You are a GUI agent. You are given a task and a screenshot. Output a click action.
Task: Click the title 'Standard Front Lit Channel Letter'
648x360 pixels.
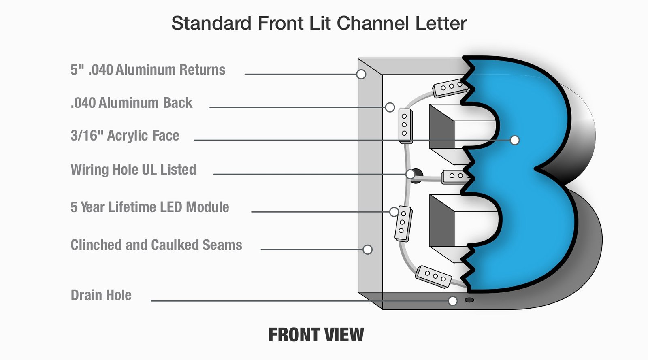[x=319, y=23]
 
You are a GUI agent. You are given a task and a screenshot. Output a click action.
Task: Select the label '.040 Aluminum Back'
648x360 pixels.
[x=131, y=103]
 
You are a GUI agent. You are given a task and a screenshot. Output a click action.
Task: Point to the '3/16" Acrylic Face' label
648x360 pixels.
[x=125, y=136]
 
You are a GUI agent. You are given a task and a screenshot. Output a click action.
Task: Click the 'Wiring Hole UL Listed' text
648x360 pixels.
[x=133, y=170]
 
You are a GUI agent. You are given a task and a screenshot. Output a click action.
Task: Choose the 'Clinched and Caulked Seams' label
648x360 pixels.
[x=156, y=245]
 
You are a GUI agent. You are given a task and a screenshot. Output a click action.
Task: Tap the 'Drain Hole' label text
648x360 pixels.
[x=101, y=295]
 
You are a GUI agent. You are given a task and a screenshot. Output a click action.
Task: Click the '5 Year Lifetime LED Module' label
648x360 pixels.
[x=149, y=207]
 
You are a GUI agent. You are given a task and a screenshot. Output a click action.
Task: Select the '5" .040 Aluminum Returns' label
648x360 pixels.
[x=148, y=70]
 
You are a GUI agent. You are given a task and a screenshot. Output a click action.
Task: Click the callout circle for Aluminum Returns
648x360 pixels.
[x=361, y=74]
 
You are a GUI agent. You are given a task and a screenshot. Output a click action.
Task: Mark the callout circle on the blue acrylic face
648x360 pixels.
[x=514, y=140]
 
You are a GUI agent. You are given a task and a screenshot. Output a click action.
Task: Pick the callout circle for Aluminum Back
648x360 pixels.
[x=390, y=107]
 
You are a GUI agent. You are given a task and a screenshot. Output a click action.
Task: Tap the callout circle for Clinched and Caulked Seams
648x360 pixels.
[x=367, y=249]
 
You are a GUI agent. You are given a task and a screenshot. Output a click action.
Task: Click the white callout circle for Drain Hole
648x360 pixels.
[x=453, y=301]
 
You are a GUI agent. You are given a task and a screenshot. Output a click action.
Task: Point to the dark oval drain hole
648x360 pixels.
[x=469, y=300]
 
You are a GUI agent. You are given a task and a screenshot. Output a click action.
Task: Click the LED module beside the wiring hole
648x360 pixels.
[x=456, y=177]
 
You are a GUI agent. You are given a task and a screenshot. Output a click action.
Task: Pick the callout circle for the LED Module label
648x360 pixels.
[x=394, y=212]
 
